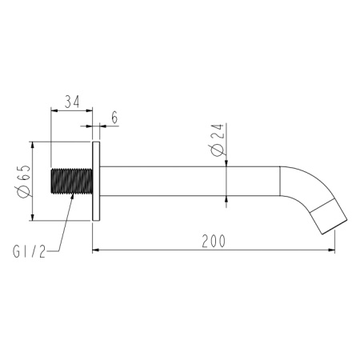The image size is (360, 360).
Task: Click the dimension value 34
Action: [x=73, y=102]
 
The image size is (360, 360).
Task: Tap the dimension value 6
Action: [x=114, y=118]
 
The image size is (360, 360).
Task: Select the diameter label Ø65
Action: [x=23, y=181]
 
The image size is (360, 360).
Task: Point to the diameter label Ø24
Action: [x=218, y=140]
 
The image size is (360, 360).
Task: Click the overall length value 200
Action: [x=214, y=241]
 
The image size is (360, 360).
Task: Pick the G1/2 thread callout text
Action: [x=30, y=251]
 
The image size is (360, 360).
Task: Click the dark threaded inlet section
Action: [x=71, y=181]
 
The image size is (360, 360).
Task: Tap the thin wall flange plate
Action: [x=96, y=181]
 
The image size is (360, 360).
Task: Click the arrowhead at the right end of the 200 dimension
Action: [x=331, y=250]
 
